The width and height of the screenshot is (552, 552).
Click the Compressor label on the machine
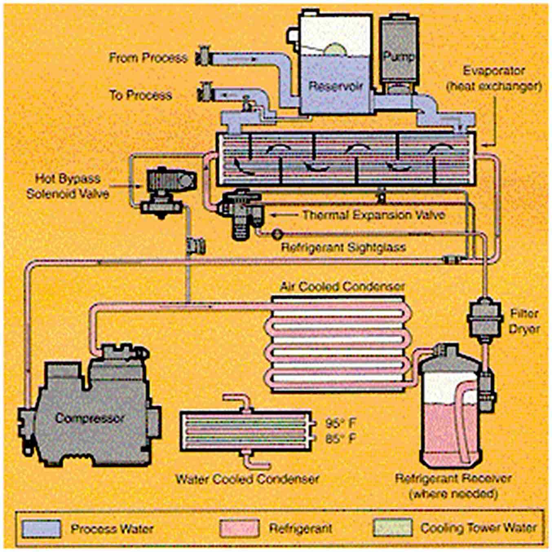coord(89,418)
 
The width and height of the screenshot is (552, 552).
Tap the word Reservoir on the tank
coord(335,86)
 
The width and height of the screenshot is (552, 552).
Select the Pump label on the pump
coord(398,57)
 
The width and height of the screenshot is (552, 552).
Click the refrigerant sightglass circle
coord(277,234)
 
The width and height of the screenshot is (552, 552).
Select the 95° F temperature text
coord(341,424)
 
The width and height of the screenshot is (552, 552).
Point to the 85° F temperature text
coord(341,439)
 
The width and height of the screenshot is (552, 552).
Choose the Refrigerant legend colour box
coord(239,528)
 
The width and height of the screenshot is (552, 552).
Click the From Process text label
coord(148,57)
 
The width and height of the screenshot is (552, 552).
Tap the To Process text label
coord(141,95)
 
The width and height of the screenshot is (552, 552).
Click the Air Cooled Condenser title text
coord(342,287)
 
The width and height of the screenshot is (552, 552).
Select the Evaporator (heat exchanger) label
coord(493,78)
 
